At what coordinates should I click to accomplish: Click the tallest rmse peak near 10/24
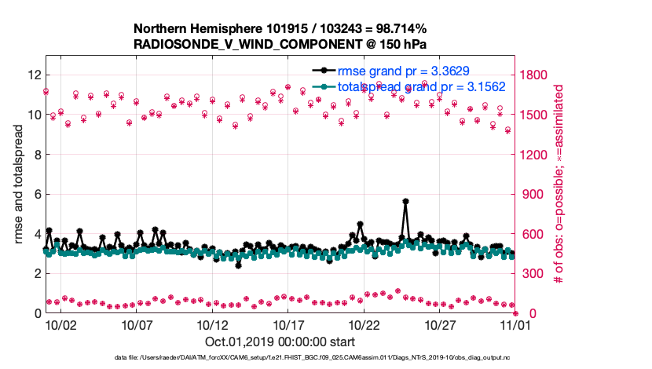click(405, 202)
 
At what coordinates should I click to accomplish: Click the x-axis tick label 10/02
click(60, 324)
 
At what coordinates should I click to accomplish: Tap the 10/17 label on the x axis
click(288, 324)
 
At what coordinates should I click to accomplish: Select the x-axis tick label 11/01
click(516, 324)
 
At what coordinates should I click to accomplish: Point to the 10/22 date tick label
click(364, 324)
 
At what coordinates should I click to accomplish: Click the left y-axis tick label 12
click(34, 75)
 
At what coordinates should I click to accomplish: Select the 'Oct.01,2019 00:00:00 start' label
click(280, 342)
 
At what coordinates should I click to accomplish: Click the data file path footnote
click(325, 358)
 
